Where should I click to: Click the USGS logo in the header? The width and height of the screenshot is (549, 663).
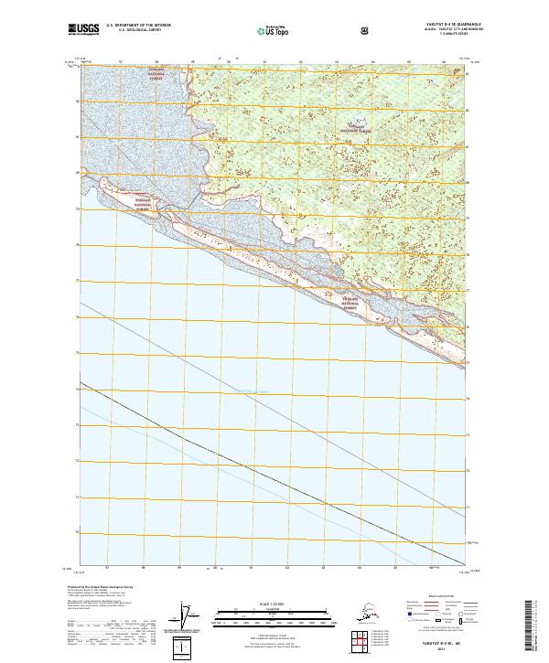82,30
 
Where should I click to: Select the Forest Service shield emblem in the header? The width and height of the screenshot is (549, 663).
365,30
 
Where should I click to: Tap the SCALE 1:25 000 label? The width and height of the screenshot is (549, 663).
274,604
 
